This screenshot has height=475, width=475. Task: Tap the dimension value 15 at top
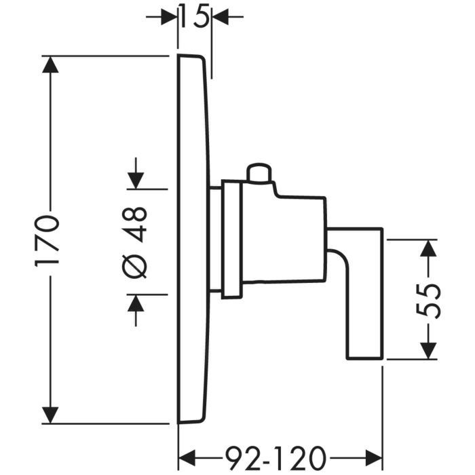pyautogui.click(x=195, y=14)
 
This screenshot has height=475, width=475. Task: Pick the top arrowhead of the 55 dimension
pyautogui.click(x=427, y=248)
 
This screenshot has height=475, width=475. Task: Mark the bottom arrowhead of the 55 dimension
pyautogui.click(x=427, y=349)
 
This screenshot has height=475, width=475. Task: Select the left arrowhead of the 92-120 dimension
pyautogui.click(x=187, y=453)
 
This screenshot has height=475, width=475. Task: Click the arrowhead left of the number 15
pyautogui.click(x=169, y=15)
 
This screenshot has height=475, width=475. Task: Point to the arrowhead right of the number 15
pyautogui.click(x=221, y=15)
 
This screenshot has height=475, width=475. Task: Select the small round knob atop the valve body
pyautogui.click(x=259, y=173)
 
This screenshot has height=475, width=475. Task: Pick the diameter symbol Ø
pyautogui.click(x=136, y=265)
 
